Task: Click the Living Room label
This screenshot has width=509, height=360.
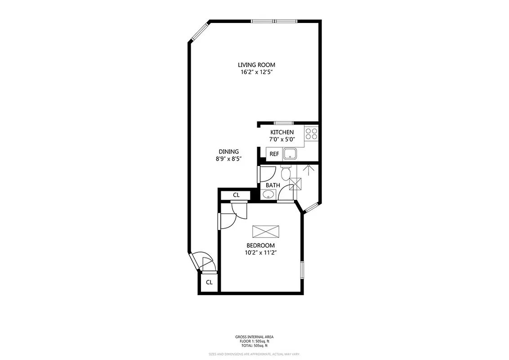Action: pyautogui.click(x=256, y=65)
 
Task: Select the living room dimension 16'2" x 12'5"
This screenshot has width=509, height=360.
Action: pyautogui.click(x=256, y=72)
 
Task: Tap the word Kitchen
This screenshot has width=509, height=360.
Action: pyautogui.click(x=282, y=132)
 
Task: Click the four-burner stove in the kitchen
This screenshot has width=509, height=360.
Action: pyautogui.click(x=311, y=134)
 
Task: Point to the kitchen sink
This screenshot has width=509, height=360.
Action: pyautogui.click(x=290, y=154)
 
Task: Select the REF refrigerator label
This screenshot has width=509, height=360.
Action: pyautogui.click(x=274, y=154)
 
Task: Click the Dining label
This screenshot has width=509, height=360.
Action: pyautogui.click(x=228, y=152)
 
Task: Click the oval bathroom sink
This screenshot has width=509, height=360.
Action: pyautogui.click(x=268, y=195)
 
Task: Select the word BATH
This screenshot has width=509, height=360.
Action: pyautogui.click(x=272, y=185)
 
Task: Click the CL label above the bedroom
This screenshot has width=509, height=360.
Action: pyautogui.click(x=236, y=195)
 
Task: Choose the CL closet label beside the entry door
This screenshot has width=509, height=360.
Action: pyautogui.click(x=209, y=283)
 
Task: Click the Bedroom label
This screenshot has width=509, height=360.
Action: pyautogui.click(x=260, y=245)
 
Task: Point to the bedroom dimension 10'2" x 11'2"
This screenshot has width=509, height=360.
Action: pyautogui.click(x=260, y=252)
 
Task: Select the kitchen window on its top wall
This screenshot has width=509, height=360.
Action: pyautogui.click(x=284, y=123)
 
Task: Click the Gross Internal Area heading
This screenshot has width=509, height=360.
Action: pyautogui.click(x=254, y=337)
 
